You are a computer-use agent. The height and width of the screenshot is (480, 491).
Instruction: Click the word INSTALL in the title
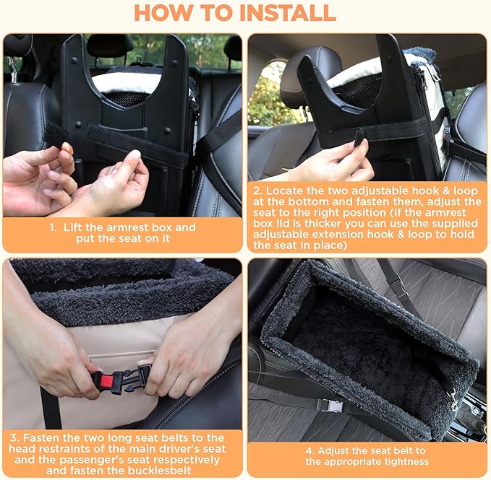coord(281,13)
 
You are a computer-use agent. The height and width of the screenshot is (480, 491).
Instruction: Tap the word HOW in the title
coord(166,13)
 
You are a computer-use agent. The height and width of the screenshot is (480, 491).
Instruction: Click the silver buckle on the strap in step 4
coord(333,406)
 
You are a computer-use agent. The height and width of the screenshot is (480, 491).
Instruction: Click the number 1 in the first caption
coord(53,227)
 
